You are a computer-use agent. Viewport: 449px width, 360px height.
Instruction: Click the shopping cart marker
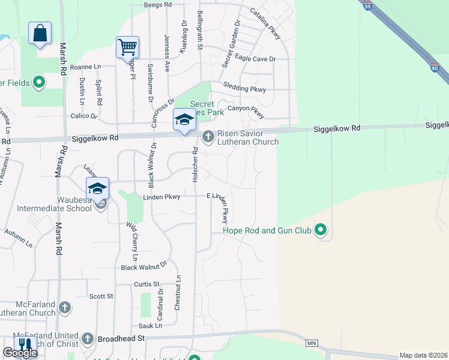coord(127,47)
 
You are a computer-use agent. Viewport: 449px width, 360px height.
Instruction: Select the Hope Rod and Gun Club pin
coord(321,230)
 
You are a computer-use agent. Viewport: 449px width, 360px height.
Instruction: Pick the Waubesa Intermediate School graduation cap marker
coord(97,188)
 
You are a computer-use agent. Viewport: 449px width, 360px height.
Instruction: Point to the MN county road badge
coord(311,343)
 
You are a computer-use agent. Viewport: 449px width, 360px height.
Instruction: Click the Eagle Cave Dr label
coord(255,59)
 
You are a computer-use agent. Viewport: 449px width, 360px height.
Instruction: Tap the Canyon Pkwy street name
coord(246,109)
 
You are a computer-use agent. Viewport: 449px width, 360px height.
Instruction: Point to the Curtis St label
coord(146,284)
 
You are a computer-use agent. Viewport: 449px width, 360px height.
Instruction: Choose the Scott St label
coord(101,296)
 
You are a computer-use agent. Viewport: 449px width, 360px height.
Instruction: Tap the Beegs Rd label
coord(158,4)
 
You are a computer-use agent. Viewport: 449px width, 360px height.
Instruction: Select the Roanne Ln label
coord(85,67)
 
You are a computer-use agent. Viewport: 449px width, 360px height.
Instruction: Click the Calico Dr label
coord(84,116)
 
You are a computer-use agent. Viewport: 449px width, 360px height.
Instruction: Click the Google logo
coord(20,353)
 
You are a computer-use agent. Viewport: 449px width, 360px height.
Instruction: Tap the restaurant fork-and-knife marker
coord(25,345)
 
